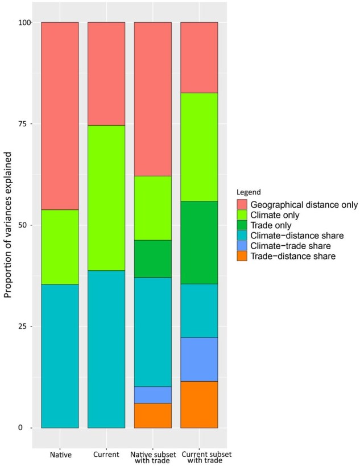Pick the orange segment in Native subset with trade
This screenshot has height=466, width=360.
pyautogui.click(x=152, y=415)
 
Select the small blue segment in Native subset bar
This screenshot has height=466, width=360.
pyautogui.click(x=152, y=394)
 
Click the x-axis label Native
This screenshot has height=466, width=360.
pyautogui.click(x=60, y=455)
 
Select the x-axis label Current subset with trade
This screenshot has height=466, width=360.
pyautogui.click(x=199, y=457)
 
